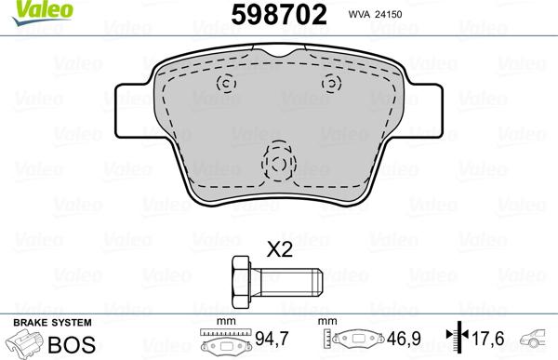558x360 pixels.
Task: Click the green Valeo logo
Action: point(28,10)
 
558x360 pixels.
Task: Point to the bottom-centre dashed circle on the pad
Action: point(278,164)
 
